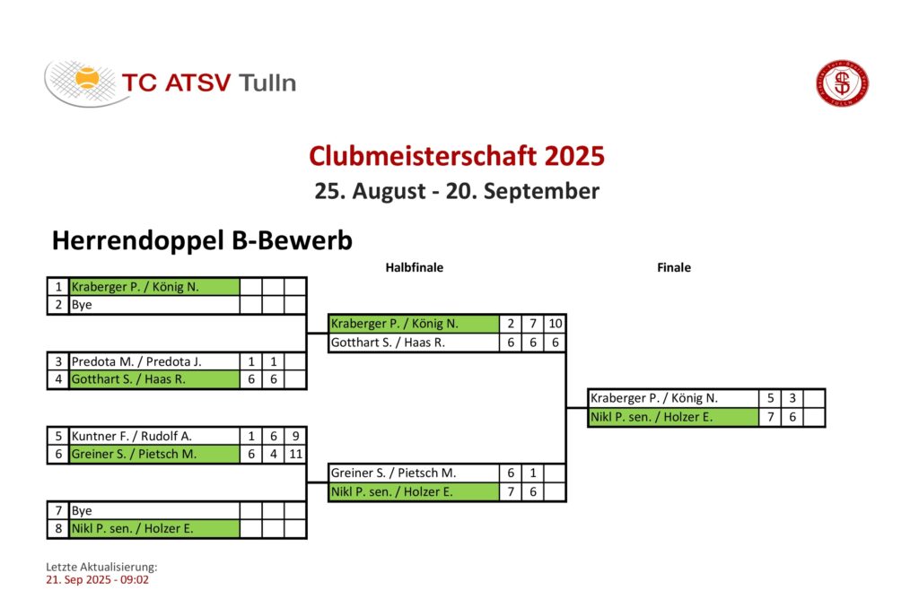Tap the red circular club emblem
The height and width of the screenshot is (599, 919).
(x=843, y=83)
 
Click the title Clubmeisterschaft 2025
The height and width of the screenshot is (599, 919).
(x=457, y=156)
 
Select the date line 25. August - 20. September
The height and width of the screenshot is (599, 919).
(x=457, y=191)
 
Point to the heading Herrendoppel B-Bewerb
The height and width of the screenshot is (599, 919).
(x=202, y=240)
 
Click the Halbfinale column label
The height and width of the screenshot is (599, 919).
(x=415, y=267)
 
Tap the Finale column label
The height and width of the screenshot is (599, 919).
(x=674, y=267)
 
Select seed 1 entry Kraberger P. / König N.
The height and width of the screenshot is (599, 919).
(x=154, y=286)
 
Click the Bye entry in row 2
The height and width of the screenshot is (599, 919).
(x=154, y=305)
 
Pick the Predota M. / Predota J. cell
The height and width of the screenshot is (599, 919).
(x=154, y=361)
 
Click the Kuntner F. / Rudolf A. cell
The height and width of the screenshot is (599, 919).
(x=154, y=436)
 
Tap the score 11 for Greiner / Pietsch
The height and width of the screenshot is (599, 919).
(x=296, y=455)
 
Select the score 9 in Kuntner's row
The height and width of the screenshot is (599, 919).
(x=296, y=436)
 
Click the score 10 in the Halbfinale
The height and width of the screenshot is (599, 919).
(x=555, y=324)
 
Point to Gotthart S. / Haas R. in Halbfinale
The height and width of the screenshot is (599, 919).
(x=414, y=343)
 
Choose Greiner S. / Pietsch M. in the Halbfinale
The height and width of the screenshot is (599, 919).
(x=414, y=473)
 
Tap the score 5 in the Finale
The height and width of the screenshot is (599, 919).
(x=770, y=398)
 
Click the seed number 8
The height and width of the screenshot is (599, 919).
(x=58, y=529)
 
